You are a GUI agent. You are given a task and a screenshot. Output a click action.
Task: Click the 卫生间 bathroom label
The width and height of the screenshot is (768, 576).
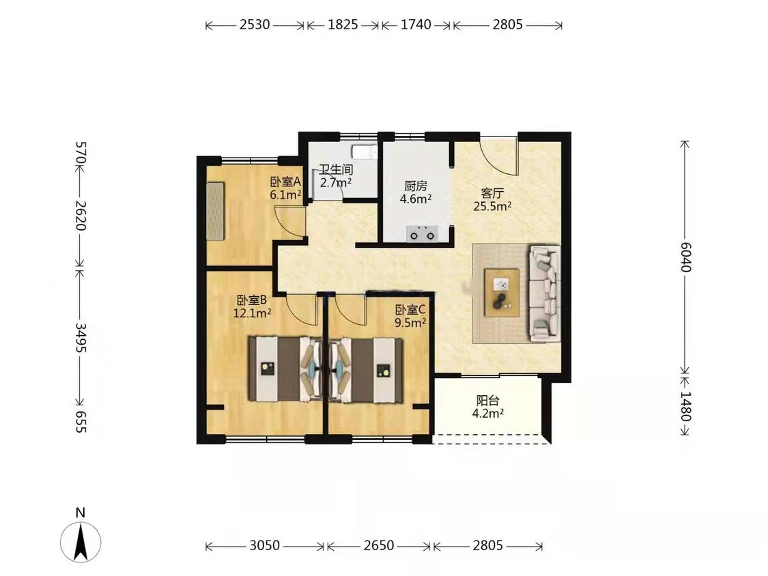[x=336, y=170]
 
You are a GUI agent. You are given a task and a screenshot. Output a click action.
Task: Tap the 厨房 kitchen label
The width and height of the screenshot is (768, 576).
[x=415, y=186]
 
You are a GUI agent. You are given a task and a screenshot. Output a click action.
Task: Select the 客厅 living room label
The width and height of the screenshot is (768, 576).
[x=492, y=193]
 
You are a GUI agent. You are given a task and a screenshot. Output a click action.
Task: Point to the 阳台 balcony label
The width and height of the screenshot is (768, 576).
[x=488, y=401]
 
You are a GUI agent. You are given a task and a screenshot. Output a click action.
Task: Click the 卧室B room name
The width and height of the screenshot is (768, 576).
[x=252, y=300]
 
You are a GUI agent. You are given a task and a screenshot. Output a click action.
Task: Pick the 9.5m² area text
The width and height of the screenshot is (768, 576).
[x=410, y=322]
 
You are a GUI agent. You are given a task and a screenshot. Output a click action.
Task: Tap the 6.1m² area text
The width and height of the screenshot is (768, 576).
[x=285, y=195]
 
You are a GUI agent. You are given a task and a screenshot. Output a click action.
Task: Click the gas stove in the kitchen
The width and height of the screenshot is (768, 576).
[x=422, y=233]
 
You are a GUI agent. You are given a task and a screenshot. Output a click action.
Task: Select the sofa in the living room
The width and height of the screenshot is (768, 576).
[x=545, y=293]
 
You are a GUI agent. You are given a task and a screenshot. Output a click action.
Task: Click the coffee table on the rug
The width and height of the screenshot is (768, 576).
[x=502, y=293]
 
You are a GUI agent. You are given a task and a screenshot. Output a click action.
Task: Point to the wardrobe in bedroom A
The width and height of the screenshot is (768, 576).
[x=216, y=211]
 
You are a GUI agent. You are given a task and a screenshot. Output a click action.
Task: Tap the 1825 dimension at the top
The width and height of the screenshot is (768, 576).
[x=343, y=25]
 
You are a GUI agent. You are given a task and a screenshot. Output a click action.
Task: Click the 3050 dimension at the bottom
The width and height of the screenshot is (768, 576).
[x=264, y=545]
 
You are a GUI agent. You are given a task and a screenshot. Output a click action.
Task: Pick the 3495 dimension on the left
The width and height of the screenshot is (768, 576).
[x=81, y=338]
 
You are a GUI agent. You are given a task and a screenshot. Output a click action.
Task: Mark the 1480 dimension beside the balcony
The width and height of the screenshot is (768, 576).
[x=685, y=406]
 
